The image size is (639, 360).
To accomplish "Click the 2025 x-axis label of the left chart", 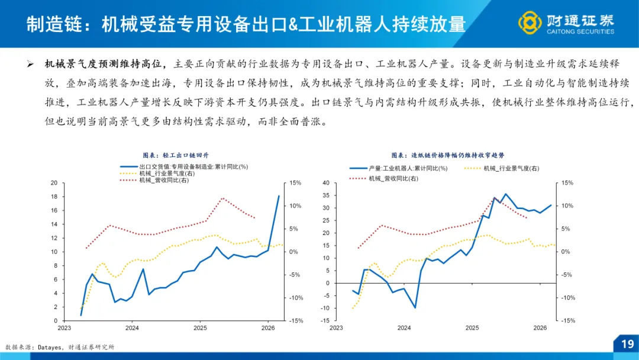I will [200, 327].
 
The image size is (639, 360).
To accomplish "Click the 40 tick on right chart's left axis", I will [324, 183].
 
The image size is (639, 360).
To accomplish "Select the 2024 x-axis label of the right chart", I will [404, 327].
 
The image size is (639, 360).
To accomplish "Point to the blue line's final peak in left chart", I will [279, 196].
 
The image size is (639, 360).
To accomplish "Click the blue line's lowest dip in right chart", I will [415, 307].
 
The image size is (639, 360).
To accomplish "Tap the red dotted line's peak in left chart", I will [222, 198].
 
